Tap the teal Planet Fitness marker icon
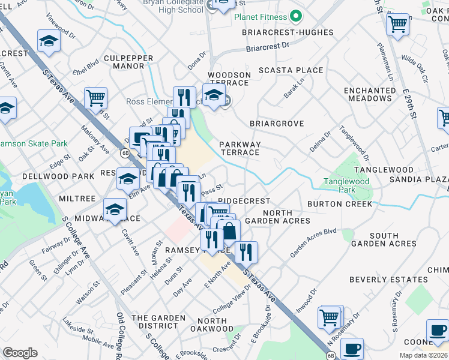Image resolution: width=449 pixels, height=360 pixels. pos(295,16)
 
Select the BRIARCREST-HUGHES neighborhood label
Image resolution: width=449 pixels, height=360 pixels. pos(288,32)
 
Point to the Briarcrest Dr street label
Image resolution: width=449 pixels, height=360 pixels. pos(268,45)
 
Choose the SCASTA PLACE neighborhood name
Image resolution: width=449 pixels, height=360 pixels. pos(291,70)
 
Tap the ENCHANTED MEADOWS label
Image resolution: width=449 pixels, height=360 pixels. pos(370,94)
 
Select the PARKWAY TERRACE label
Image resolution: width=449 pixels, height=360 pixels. pos(240,148)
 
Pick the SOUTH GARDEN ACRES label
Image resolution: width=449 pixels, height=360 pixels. pos(384,239)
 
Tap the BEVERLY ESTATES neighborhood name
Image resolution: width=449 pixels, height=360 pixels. pos(388,280)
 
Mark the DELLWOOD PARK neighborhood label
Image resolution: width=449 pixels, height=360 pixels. pos(58,176)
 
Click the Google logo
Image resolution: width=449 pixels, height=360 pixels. pos(20,353)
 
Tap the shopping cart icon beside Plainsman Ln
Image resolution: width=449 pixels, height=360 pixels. pos(397,25)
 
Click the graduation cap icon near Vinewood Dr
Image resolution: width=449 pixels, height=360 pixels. pos(49,41)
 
